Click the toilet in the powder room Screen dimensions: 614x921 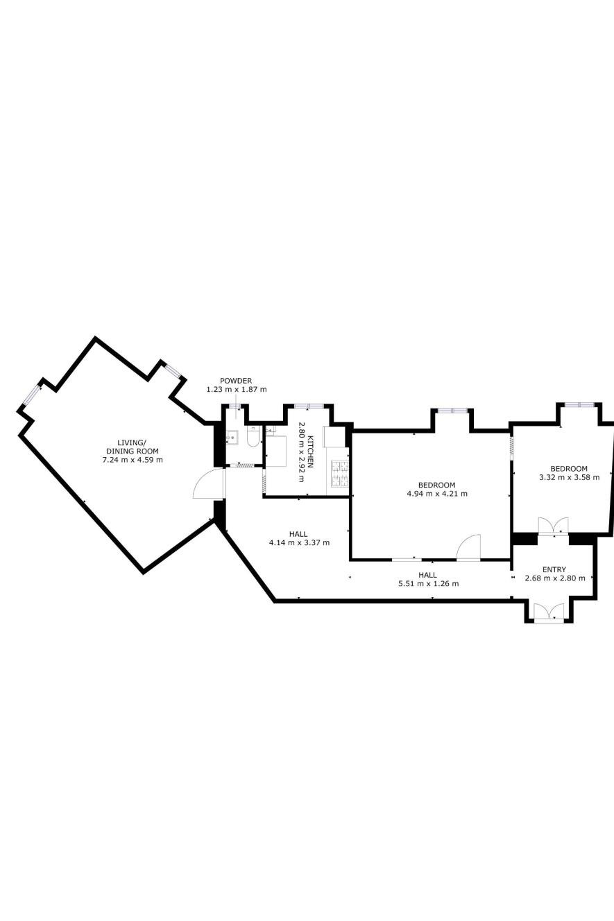pos(253,436)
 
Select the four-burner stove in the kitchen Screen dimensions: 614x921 pos(340,473)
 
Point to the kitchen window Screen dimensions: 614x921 pos(309,406)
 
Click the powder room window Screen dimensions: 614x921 pos(235,406)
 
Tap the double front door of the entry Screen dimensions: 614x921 pos(549,611)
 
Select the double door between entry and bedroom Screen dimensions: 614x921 pos(553,526)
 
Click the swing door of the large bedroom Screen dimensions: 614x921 pos(469,546)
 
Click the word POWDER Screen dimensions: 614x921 pos(236,381)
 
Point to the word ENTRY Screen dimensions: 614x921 pos(554,569)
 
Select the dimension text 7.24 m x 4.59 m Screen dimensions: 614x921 pos(133,460)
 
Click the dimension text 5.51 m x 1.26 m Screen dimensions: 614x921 pos(428,583)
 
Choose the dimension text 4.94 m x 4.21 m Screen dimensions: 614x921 pos(437,494)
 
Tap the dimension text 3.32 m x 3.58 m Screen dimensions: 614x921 pos(569,477)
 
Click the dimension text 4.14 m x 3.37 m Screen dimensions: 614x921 pos(299,543)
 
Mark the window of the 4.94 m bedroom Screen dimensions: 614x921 pos(452,411)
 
